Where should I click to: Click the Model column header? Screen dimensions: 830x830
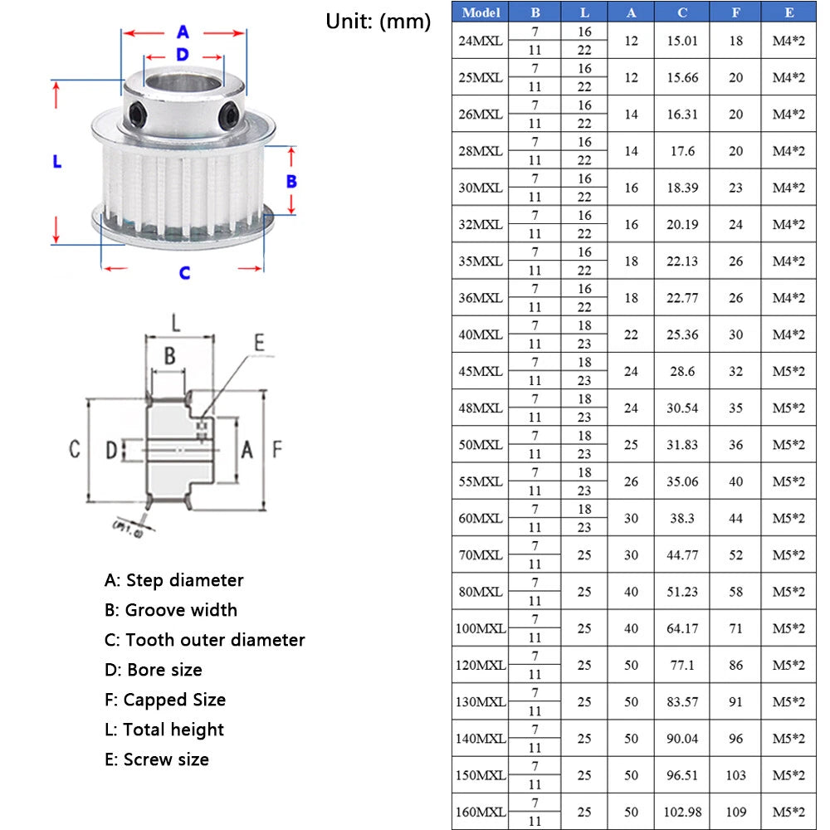[480, 12]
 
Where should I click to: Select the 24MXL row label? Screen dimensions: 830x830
[480, 41]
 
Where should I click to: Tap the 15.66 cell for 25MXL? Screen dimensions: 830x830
[681, 77]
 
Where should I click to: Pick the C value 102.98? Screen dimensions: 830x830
[682, 812]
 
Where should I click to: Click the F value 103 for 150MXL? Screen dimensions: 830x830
[735, 775]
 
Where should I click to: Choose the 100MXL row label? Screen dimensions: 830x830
[480, 628]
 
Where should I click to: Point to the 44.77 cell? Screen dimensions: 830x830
[681, 554]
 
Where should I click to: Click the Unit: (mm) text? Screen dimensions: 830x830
[378, 22]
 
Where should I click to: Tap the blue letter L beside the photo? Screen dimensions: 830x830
[57, 161]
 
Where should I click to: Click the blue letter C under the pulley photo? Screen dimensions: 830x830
[184, 272]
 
